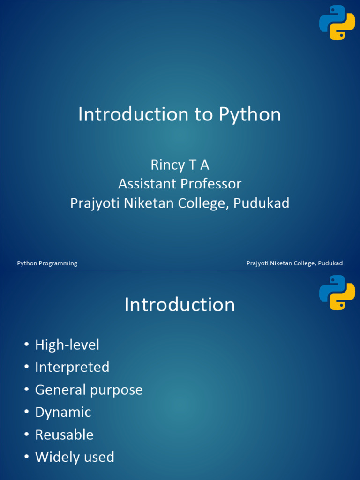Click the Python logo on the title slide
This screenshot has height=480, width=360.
click(x=337, y=22)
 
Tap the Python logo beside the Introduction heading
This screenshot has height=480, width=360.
click(x=337, y=292)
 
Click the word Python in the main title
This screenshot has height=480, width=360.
click(x=249, y=114)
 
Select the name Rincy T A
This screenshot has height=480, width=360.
click(x=180, y=165)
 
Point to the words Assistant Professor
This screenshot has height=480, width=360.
click(x=180, y=184)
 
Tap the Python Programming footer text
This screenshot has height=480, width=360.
click(x=47, y=263)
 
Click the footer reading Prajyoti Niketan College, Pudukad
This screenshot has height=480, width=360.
click(x=294, y=263)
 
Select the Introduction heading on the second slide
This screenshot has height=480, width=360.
click(x=180, y=305)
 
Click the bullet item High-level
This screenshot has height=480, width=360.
click(x=67, y=345)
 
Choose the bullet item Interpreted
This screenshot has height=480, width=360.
click(x=72, y=367)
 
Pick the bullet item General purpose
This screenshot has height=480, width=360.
click(x=89, y=390)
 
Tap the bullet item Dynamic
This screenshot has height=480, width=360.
click(x=63, y=412)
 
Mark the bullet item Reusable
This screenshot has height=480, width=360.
click(x=64, y=435)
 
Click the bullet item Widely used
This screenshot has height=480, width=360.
click(x=75, y=457)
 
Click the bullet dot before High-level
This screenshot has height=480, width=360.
click(x=26, y=345)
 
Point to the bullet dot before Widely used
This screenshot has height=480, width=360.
click(x=26, y=457)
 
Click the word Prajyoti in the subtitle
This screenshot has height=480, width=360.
click(x=92, y=203)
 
